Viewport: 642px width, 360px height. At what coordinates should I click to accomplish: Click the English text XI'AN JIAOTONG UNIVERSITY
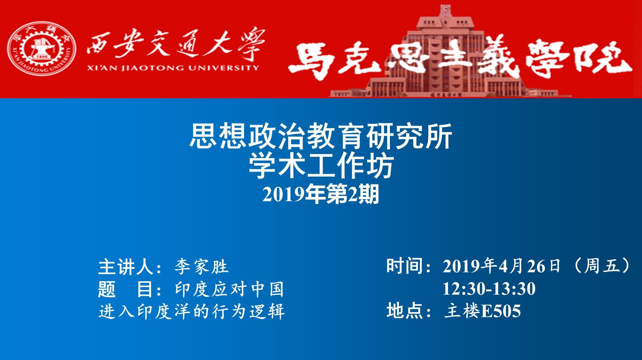(x=173, y=68)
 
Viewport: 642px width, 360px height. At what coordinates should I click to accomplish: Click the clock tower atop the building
(x=445, y=11)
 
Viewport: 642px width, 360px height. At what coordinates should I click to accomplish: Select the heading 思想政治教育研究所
(x=321, y=136)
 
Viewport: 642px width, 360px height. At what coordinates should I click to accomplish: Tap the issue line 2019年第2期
(x=321, y=195)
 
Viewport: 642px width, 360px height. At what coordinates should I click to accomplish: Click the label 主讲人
(x=127, y=267)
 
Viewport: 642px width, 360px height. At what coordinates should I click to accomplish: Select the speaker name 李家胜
(x=201, y=267)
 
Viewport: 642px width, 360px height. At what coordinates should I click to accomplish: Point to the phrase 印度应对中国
(x=229, y=289)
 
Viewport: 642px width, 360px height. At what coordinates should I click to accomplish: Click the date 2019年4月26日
(x=502, y=266)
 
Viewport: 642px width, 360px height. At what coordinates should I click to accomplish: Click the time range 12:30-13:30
(x=489, y=289)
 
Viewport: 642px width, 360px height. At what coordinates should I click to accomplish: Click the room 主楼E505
(x=482, y=311)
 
